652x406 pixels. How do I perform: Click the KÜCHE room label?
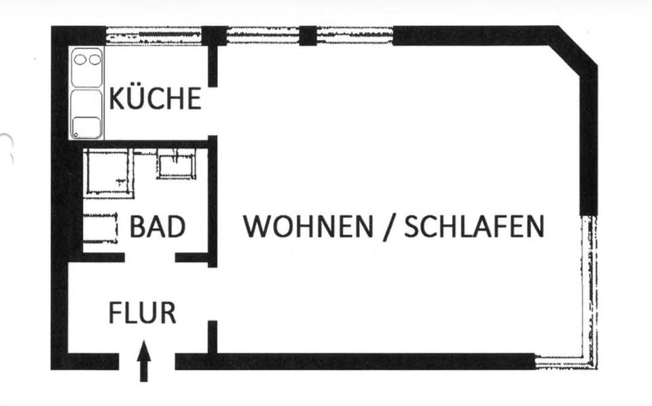coord(156,99)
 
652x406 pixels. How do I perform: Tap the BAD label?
coord(158,227)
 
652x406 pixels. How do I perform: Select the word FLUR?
coord(143,313)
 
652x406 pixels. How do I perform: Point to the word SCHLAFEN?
coord(474,227)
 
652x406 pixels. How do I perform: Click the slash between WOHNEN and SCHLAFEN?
coord(388,227)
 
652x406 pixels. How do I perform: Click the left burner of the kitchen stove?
coord(80,60)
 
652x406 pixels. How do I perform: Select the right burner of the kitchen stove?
coord(94,60)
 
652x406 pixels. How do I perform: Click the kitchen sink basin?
coord(86,126)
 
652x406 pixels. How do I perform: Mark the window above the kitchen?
coord(153,34)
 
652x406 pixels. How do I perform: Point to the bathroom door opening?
coord(149,257)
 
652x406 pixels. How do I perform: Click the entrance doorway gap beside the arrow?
coord(147,361)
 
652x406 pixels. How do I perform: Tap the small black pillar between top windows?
coord(308,35)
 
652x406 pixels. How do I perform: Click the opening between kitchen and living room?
coord(213,111)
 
